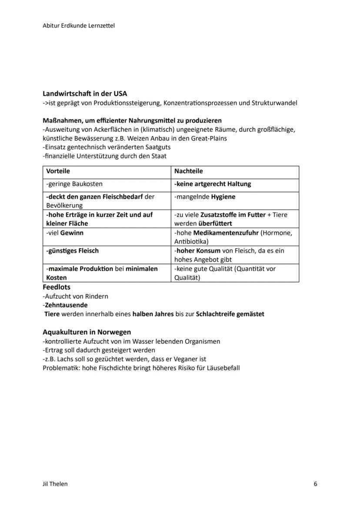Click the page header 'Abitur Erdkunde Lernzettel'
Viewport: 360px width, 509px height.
tap(79, 26)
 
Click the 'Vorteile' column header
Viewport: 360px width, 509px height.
tap(58, 171)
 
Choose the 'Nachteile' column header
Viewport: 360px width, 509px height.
tap(188, 171)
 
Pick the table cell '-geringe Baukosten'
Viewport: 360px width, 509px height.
tap(74, 184)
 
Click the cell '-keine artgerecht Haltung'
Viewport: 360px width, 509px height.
tap(213, 184)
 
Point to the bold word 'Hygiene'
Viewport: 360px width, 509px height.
tap(223, 197)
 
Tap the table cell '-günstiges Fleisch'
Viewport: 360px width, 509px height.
tap(73, 251)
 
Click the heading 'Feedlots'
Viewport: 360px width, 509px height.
tap(57, 287)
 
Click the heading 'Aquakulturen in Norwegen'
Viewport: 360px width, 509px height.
tap(87, 332)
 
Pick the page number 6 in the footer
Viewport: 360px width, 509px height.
tap(315, 484)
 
